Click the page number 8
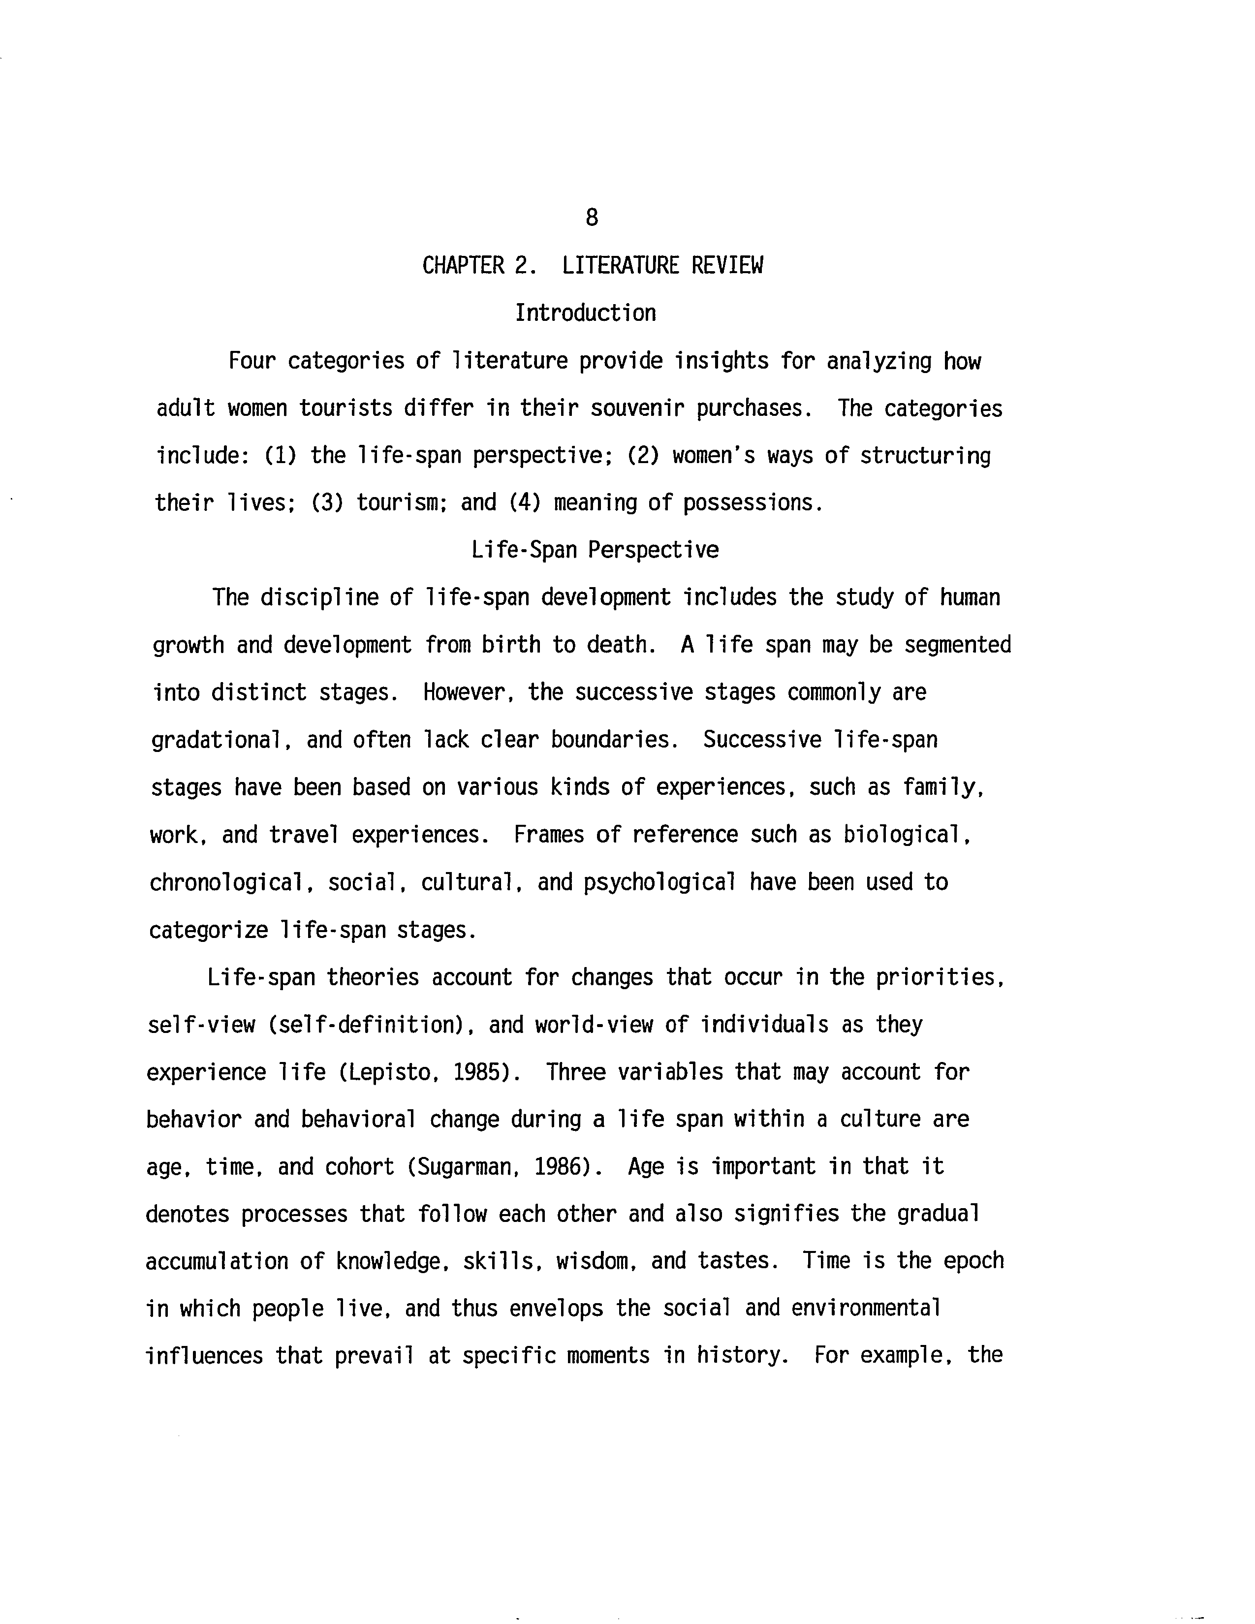pyautogui.click(x=591, y=218)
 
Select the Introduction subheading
pyautogui.click(x=585, y=313)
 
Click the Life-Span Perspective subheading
pyautogui.click(x=595, y=550)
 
